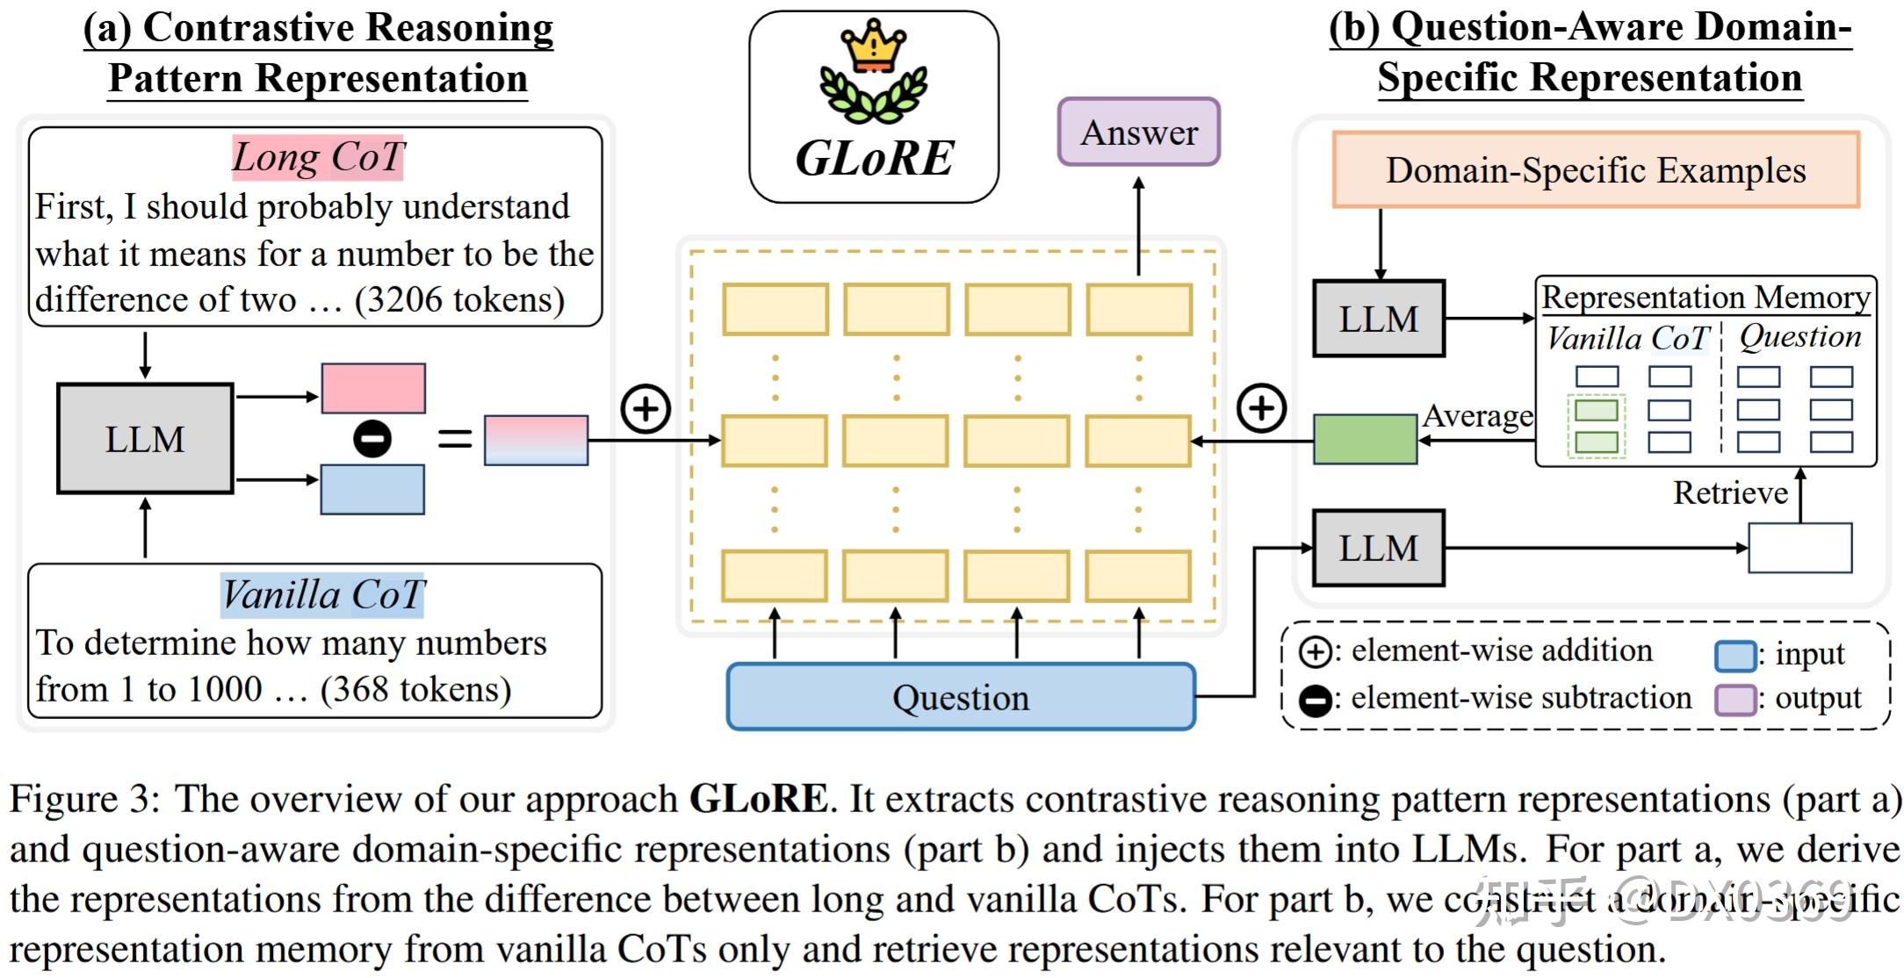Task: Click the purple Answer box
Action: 1138,133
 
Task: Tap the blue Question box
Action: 961,697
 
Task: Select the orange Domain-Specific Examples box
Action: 1595,170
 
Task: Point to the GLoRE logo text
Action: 874,159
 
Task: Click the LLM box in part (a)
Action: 145,438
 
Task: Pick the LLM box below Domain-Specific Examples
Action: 1378,319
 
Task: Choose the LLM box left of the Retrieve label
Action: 1378,548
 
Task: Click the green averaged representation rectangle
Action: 1365,439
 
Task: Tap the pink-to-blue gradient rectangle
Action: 536,440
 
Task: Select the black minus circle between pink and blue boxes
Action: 372,438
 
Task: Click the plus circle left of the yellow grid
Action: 645,408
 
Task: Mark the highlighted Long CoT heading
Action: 318,158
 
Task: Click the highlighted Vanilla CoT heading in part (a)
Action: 322,595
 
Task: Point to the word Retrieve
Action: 1729,493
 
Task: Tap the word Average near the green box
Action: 1477,415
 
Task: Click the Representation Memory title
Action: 1706,297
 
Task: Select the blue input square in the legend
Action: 1735,655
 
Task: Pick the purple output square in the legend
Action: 1735,699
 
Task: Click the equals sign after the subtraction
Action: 455,438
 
